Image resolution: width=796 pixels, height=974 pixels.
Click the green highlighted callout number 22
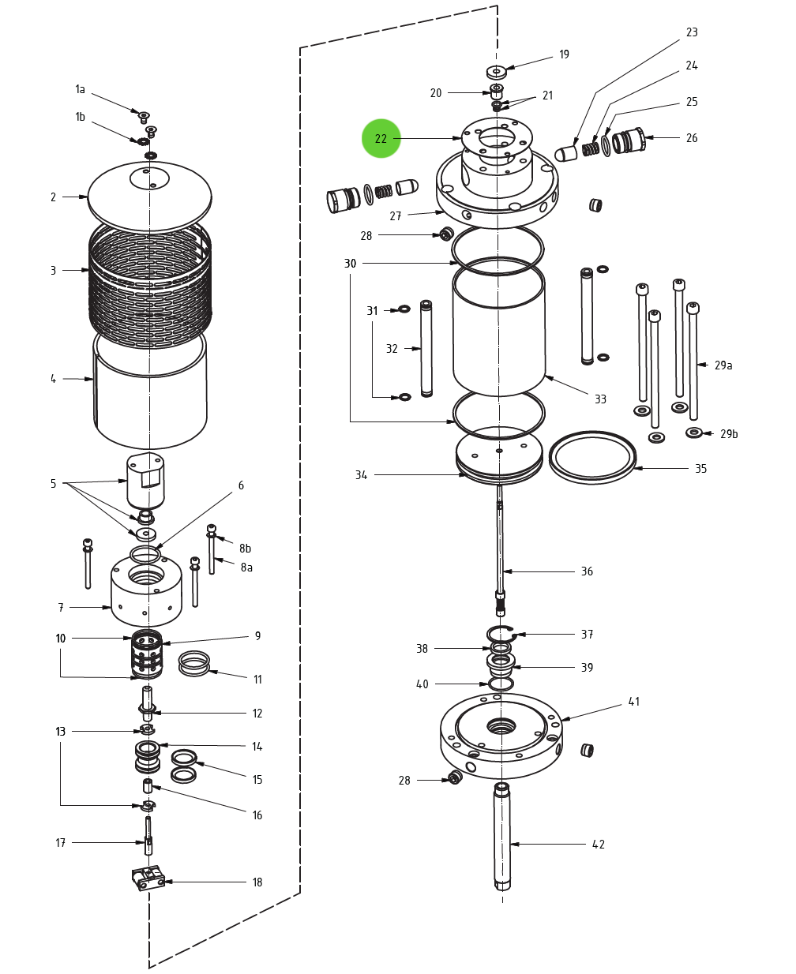tap(381, 139)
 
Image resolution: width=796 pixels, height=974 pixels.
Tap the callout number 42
tap(599, 845)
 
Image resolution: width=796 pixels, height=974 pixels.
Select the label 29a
tap(723, 365)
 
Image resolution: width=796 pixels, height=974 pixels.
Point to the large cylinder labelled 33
tap(499, 332)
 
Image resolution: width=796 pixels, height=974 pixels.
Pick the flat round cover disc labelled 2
tap(150, 197)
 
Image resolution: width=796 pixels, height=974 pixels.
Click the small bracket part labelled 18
tap(148, 878)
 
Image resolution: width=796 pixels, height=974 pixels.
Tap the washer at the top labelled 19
tap(496, 72)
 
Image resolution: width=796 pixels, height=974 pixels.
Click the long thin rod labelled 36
tap(500, 545)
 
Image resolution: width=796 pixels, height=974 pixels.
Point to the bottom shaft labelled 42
tap(502, 837)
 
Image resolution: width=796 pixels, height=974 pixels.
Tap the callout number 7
tap(61, 608)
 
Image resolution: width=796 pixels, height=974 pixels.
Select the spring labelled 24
tap(589, 148)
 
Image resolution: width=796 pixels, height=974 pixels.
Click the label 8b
tap(246, 549)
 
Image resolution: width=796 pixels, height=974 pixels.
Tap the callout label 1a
tap(80, 90)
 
